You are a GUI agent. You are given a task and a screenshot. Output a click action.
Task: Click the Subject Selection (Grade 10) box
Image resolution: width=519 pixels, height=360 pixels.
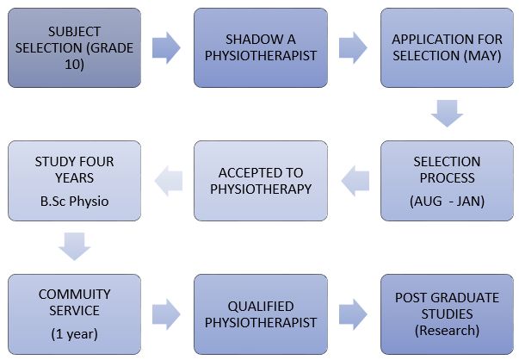74,47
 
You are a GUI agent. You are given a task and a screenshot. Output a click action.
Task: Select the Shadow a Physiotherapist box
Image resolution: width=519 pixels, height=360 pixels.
261,47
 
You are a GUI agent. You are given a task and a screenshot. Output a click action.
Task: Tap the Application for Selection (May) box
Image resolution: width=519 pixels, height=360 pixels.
448,47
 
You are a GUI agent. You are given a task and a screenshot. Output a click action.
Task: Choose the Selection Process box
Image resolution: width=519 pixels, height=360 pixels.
448,180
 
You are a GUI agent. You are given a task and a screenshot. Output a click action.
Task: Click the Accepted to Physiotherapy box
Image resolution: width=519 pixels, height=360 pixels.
261,180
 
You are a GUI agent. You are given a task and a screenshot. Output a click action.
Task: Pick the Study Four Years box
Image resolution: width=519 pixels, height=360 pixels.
74,180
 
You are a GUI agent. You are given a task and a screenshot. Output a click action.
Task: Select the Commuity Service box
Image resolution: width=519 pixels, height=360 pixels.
74,313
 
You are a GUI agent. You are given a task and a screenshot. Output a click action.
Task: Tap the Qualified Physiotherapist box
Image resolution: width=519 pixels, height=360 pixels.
261,313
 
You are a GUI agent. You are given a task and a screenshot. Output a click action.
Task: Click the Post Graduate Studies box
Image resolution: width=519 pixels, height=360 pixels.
448,313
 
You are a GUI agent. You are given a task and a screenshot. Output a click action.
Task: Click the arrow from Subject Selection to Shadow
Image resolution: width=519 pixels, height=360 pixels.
167,48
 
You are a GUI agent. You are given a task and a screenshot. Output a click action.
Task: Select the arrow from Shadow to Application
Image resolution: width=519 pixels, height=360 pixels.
354,48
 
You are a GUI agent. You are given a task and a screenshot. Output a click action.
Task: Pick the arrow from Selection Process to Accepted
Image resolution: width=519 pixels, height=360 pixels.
355,181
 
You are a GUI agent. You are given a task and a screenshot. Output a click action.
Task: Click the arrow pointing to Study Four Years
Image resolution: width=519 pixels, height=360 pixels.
168,181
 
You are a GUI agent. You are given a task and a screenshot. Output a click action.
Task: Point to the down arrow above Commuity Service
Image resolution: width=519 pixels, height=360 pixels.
74,247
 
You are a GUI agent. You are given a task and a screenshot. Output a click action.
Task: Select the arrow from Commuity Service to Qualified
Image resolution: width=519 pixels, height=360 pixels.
167,314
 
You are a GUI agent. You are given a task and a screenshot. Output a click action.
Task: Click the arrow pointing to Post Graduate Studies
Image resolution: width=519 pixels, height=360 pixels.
354,314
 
